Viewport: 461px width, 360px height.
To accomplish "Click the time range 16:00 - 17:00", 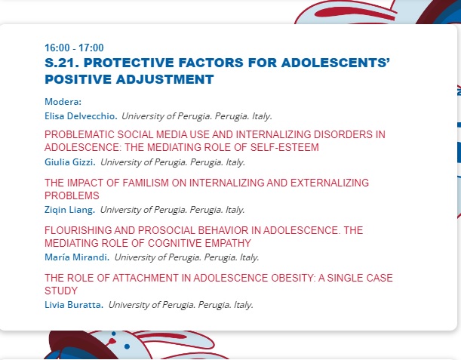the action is pyautogui.click(x=74, y=48).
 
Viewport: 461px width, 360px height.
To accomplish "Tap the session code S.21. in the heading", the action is pyautogui.click(x=61, y=63).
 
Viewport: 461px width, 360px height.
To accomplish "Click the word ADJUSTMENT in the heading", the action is pyautogui.click(x=165, y=79).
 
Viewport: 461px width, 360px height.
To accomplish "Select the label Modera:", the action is pyautogui.click(x=63, y=102).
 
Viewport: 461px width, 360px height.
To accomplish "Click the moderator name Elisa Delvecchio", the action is pyautogui.click(x=81, y=116).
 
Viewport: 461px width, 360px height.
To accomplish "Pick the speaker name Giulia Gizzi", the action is pyautogui.click(x=70, y=162).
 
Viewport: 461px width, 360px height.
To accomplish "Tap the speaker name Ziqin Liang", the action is pyautogui.click(x=69, y=210).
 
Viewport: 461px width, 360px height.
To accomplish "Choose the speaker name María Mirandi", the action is pyautogui.click(x=77, y=257).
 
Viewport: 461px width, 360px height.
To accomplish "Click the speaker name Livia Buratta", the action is pyautogui.click(x=74, y=305).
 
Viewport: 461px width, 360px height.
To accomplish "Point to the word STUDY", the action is pyautogui.click(x=61, y=291).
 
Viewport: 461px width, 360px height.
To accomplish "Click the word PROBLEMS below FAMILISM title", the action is pyautogui.click(x=72, y=195).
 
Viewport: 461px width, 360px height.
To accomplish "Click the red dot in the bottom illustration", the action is pyautogui.click(x=112, y=341).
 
